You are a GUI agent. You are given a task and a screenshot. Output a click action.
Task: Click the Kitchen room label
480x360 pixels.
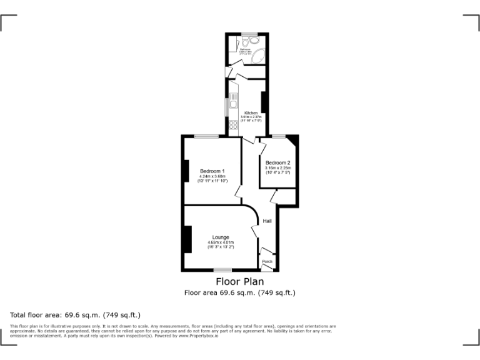(251, 113)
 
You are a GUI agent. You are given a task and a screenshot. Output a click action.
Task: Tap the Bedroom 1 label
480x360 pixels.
(212, 171)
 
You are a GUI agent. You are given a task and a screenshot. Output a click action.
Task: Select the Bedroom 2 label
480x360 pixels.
(277, 163)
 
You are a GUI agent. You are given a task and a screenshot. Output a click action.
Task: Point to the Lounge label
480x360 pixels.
(220, 237)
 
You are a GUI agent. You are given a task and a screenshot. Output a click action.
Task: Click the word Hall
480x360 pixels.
(267, 221)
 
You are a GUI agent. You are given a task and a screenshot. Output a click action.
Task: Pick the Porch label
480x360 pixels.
(267, 261)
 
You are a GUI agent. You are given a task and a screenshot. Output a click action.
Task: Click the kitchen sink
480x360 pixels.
(233, 99)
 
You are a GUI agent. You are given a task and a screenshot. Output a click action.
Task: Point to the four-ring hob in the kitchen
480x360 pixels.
(233, 126)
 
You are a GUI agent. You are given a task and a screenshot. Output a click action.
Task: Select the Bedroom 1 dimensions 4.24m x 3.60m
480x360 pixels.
(212, 176)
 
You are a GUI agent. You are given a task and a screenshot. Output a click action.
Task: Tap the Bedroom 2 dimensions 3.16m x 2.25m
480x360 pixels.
(277, 168)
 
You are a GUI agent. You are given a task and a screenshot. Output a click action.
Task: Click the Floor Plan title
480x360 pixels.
(240, 282)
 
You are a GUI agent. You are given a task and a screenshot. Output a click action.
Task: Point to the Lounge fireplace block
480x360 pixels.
(187, 239)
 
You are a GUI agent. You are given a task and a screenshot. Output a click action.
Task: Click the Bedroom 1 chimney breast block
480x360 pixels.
(186, 171)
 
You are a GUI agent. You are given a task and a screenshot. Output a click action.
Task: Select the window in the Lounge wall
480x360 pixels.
(222, 270)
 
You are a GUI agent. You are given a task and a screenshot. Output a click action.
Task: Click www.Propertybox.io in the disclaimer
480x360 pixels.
(202, 336)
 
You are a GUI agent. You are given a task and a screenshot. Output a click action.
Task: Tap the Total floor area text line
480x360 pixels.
(76, 315)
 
